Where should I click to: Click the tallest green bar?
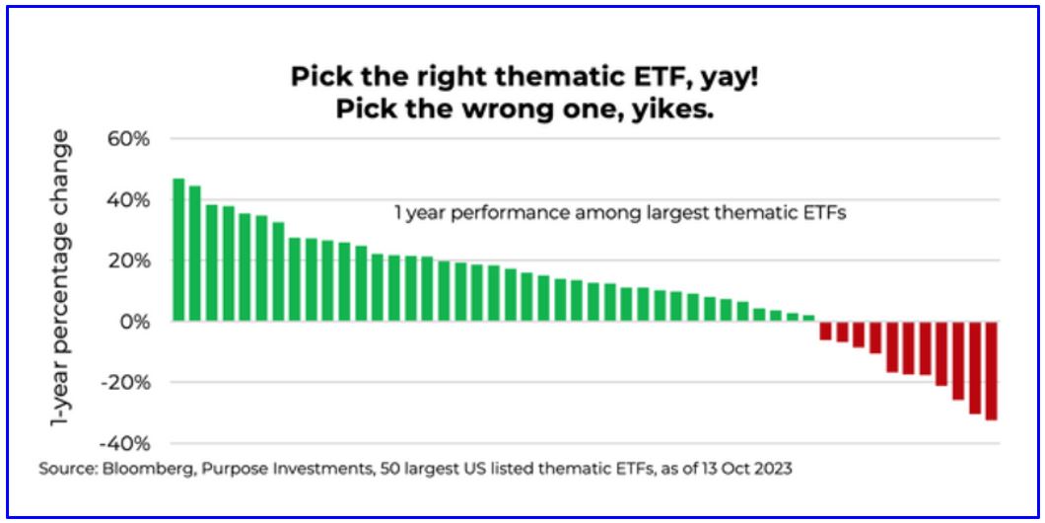coord(178,250)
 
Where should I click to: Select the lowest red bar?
coord(991,370)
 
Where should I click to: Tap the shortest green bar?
coord(808,318)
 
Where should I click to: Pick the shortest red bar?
coord(825,331)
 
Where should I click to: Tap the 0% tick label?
coord(136,322)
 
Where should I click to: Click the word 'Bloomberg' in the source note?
coord(143,469)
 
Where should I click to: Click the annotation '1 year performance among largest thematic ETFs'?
coord(620,215)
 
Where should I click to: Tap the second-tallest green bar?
coord(195,254)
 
